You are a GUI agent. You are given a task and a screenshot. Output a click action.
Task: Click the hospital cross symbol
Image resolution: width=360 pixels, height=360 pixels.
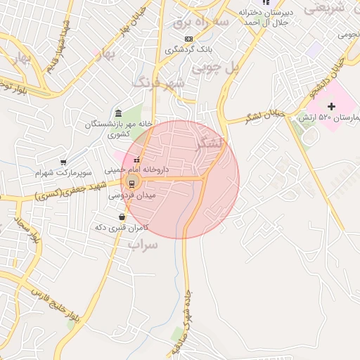pyautogui.click(x=332, y=105)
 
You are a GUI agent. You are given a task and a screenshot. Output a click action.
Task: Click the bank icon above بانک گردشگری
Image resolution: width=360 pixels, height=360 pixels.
pyautogui.click(x=188, y=39)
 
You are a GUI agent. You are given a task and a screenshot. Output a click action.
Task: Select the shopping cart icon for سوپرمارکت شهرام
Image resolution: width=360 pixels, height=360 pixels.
pyautogui.click(x=64, y=162)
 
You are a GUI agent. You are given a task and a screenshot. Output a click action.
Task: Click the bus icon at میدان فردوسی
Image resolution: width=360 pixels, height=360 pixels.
pyautogui.click(x=131, y=184)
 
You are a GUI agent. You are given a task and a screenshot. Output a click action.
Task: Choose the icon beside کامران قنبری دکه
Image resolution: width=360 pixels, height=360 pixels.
pyautogui.click(x=123, y=217)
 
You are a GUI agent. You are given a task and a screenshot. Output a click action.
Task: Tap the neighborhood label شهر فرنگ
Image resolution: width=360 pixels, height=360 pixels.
pyautogui.click(x=160, y=82)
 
